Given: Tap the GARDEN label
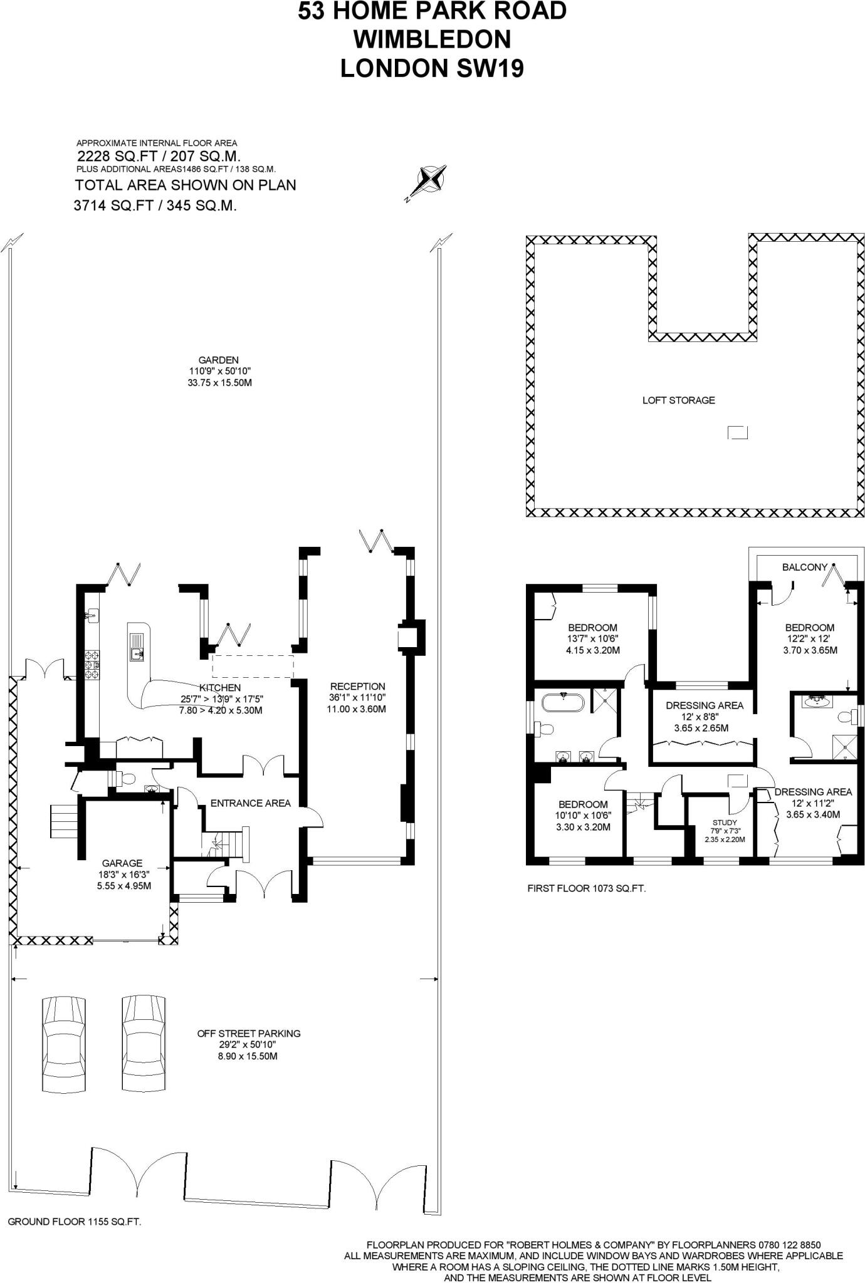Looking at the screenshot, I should pyautogui.click(x=218, y=360).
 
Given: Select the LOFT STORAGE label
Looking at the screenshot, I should pyautogui.click(x=678, y=400).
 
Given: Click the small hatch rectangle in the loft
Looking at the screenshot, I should pyautogui.click(x=737, y=432).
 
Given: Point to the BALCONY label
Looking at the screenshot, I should pyautogui.click(x=804, y=566).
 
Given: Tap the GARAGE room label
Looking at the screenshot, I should pyautogui.click(x=122, y=863).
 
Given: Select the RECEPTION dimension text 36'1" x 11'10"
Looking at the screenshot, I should pyautogui.click(x=357, y=697).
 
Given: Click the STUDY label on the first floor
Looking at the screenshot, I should pyautogui.click(x=725, y=823).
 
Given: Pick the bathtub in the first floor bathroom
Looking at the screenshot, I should pyautogui.click(x=563, y=702).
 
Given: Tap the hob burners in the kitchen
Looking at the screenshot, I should pyautogui.click(x=92, y=665).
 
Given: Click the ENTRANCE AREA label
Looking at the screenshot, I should pyautogui.click(x=250, y=803).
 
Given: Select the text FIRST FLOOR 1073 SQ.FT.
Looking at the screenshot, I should pyautogui.click(x=586, y=888).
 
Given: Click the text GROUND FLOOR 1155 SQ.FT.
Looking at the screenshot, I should pyautogui.click(x=74, y=1221).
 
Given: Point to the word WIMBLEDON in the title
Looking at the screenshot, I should pyautogui.click(x=432, y=39).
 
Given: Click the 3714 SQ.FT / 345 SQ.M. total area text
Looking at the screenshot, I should pyautogui.click(x=155, y=205).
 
